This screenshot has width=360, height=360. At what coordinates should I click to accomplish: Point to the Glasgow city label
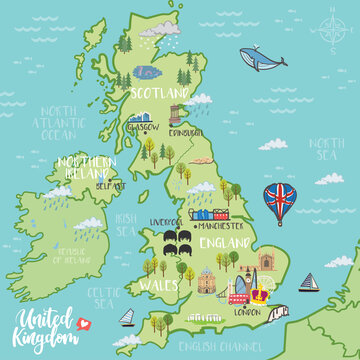click(141, 127)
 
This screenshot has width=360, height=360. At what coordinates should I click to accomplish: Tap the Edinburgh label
click(185, 132)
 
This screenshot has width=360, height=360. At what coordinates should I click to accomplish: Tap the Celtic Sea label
click(103, 296)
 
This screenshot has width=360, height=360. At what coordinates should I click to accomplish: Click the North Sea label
click(326, 147)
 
